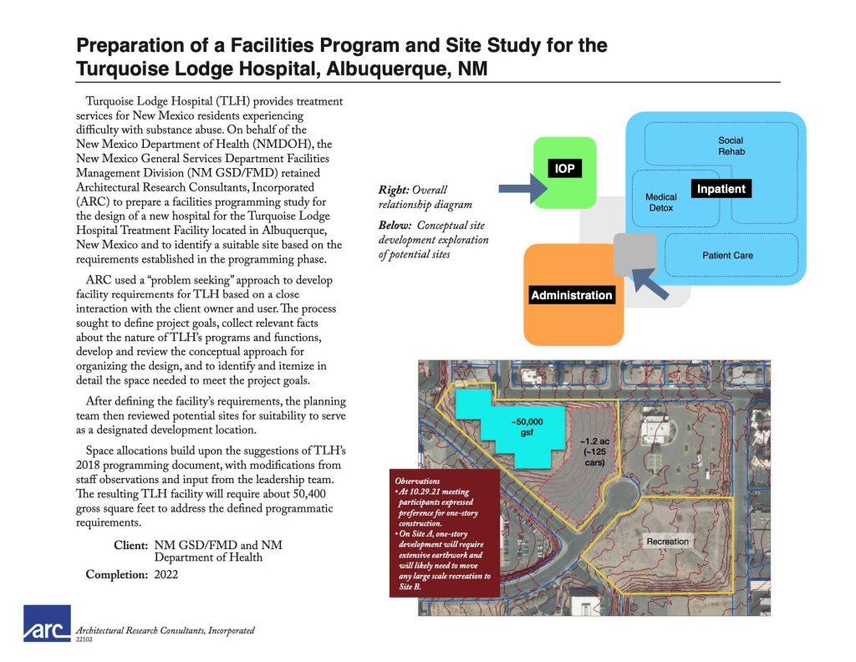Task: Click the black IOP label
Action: (565, 169)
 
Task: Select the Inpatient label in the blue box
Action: (721, 189)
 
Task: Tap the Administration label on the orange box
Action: (572, 295)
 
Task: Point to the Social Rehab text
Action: (730, 146)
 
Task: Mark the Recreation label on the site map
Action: (668, 542)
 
